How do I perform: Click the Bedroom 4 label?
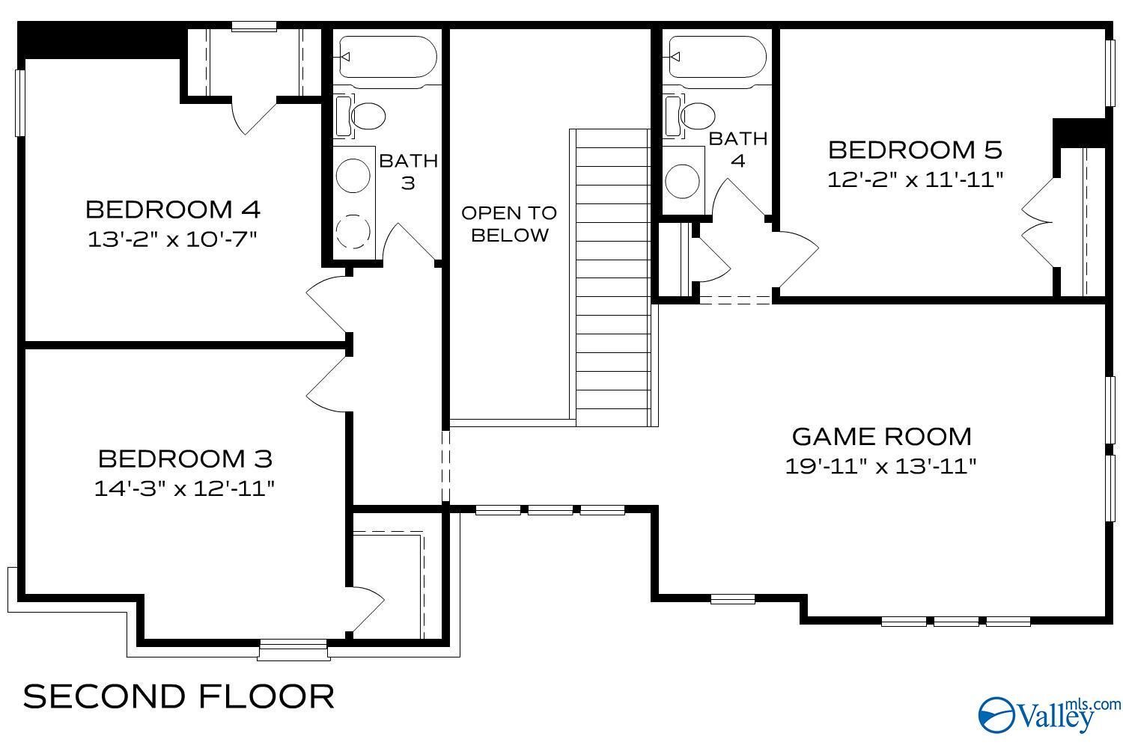coord(173,209)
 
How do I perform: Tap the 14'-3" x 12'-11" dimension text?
coord(184,488)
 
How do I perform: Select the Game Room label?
coord(881,436)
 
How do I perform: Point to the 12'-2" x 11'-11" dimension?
coord(914,180)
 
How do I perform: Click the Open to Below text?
coord(509,224)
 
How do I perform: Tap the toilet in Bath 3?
coord(366,116)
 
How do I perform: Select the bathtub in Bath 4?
coord(716,57)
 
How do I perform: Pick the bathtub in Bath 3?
coord(386,57)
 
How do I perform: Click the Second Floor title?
coord(179,696)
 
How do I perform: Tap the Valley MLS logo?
coord(1048,714)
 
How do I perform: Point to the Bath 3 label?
coord(408,171)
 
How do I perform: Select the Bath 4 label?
coord(737,150)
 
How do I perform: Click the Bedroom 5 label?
coord(914,150)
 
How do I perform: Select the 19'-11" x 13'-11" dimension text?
coord(881,466)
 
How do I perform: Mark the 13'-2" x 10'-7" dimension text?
coord(173,239)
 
